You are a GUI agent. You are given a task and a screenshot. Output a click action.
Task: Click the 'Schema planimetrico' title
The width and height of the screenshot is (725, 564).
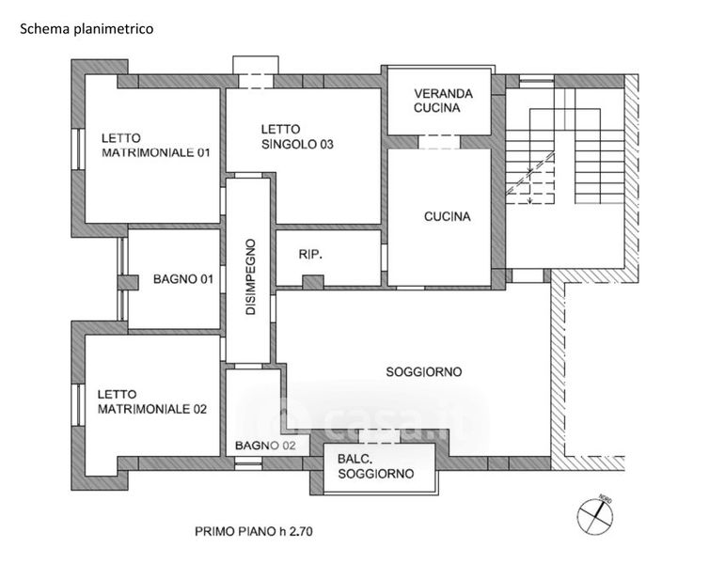[x=87, y=29]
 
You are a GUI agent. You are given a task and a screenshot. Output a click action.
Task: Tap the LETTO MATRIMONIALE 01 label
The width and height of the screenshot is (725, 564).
[x=156, y=145]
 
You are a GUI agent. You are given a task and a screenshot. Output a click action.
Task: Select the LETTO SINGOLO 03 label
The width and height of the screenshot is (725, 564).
[x=298, y=137]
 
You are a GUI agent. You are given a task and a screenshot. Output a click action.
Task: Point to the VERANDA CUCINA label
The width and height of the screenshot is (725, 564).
[x=439, y=101]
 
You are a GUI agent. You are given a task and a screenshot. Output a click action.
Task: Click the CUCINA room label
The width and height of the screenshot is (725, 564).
[x=447, y=216]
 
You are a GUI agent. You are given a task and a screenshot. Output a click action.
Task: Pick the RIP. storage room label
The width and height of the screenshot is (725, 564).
[x=311, y=254]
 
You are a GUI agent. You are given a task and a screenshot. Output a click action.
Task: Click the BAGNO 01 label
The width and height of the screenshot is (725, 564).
[x=183, y=279]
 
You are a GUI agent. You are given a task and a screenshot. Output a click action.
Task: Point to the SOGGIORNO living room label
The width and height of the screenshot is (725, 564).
[x=423, y=372]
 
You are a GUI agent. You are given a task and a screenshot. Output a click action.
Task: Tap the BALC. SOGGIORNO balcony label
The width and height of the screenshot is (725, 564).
[x=375, y=467]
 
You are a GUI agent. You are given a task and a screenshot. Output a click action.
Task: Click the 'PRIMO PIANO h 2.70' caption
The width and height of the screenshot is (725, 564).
[x=254, y=531]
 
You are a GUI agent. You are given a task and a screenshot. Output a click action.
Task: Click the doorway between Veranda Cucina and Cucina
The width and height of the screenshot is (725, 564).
[x=438, y=142]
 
